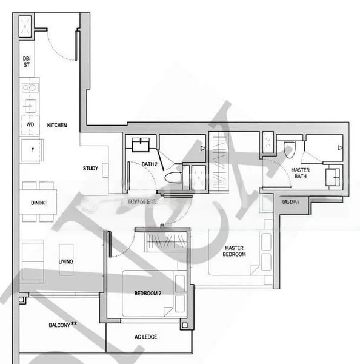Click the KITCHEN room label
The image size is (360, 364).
pos(57,126)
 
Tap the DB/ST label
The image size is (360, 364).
pos(27,61)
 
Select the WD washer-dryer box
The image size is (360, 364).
pos(29,125)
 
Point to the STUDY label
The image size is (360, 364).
pos(92,168)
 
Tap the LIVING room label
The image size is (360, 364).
pos(66,261)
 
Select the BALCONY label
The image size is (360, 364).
pos(62,325)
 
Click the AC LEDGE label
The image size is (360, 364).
pos(145,337)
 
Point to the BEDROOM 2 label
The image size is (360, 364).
pos(147,294)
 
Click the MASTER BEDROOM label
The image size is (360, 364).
pos(235,251)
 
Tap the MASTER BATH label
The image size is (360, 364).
pos(300,174)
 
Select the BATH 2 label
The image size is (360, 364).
pos(150,164)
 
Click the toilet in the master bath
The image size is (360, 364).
pos(289,147)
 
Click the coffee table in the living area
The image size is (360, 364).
pos(66,259)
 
